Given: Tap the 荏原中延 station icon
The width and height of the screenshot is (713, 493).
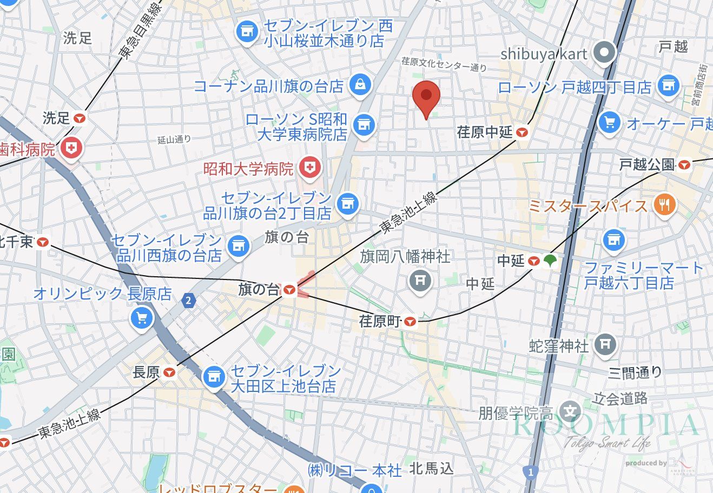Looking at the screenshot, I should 521,132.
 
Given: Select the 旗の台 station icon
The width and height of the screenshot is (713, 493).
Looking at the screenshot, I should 289,290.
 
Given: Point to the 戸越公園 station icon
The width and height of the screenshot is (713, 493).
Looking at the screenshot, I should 685,164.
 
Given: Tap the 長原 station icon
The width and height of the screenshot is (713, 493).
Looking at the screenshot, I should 170,372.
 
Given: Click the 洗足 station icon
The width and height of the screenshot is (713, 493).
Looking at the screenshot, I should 80,118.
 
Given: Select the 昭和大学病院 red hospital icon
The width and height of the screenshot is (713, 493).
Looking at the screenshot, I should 310,168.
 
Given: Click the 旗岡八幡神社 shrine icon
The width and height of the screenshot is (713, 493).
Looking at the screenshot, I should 420,280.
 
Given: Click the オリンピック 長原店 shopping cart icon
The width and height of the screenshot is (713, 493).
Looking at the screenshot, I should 142,318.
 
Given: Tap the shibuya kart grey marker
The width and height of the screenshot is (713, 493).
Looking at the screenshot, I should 605,54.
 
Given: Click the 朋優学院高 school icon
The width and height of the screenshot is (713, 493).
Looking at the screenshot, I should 570,413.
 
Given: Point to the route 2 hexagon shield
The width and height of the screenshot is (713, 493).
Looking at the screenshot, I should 188,300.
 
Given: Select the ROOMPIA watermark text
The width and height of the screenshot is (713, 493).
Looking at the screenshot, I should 606,426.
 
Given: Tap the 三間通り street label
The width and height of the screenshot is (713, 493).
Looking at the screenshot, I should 635,372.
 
